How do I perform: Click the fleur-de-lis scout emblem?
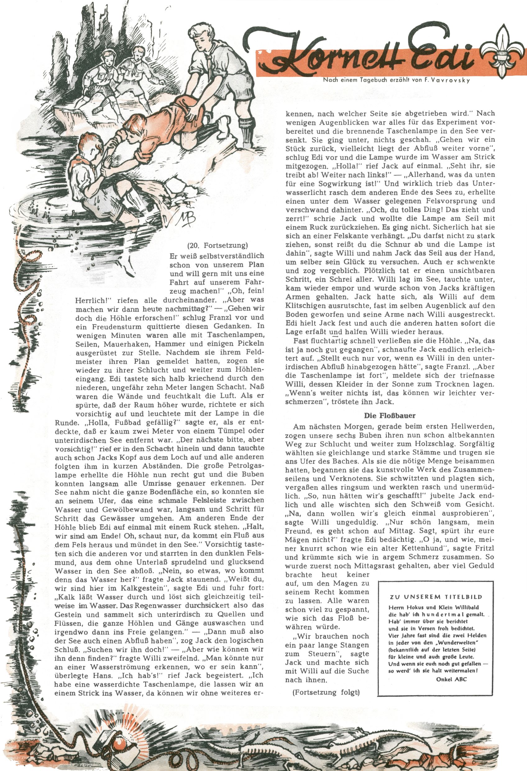[x=503, y=51]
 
